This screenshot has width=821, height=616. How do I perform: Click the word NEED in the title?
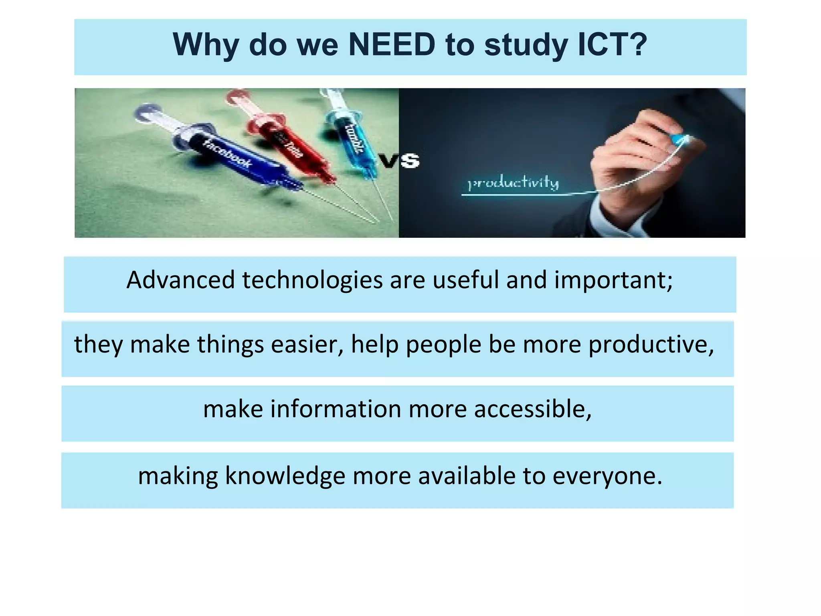[x=392, y=45]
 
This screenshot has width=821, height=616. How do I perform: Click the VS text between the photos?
[x=399, y=161]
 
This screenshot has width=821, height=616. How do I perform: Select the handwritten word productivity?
[x=514, y=183]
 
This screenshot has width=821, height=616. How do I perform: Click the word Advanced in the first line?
[x=180, y=280]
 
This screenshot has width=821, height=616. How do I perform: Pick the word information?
[x=336, y=409]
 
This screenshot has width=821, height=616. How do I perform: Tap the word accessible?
[x=533, y=409]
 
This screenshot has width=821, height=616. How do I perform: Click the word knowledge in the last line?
[x=285, y=476]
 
